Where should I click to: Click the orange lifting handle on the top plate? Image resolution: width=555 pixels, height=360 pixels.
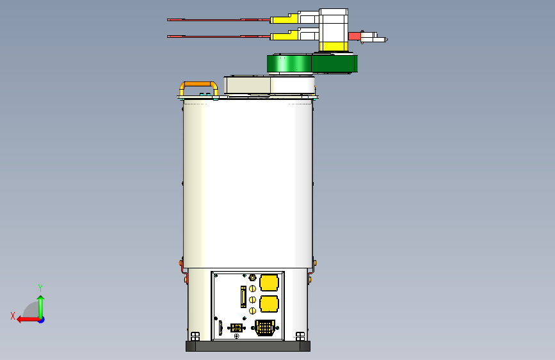(198, 84)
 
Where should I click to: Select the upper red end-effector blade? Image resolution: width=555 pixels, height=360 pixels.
(219, 20)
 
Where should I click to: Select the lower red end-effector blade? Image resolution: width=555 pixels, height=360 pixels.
(219, 36)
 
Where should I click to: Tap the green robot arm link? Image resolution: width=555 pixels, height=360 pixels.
(312, 63)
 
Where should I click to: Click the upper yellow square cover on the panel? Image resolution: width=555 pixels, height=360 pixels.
(269, 282)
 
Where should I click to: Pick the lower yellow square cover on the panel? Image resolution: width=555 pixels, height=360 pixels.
(269, 304)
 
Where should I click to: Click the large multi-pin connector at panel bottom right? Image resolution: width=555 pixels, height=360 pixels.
(265, 328)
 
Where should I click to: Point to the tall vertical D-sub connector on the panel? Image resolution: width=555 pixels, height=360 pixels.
(243, 297)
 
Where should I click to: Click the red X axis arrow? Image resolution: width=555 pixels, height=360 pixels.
(28, 320)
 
